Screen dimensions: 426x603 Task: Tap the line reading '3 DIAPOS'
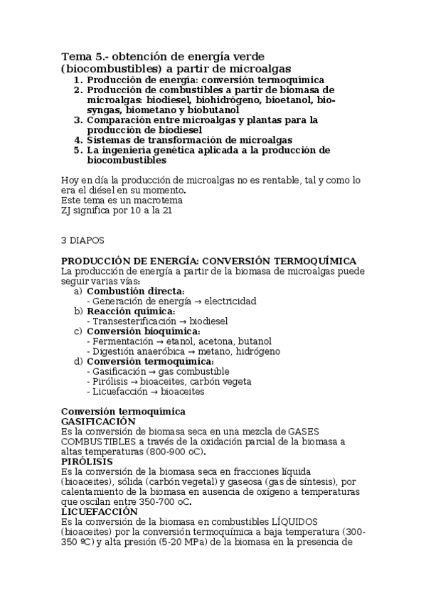83,240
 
